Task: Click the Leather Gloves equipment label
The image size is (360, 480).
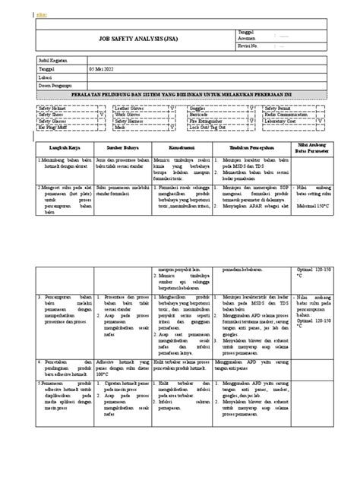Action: (130, 109)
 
